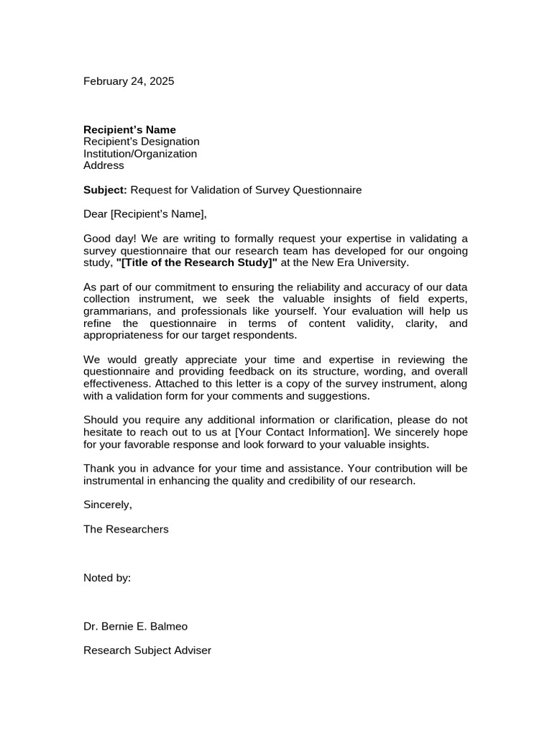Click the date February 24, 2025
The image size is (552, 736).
129,81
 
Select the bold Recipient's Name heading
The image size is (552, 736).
129,129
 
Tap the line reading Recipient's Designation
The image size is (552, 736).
142,142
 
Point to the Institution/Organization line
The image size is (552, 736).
140,154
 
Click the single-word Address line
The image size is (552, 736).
103,165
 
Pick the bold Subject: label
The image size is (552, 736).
105,190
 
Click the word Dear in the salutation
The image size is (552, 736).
95,213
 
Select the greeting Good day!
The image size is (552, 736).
107,239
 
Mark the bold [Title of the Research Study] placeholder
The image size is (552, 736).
196,263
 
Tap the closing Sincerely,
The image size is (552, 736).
108,505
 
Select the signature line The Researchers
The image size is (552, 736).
126,529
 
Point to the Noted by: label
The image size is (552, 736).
107,578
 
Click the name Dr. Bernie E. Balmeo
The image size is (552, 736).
135,627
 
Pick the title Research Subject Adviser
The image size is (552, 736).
147,650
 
